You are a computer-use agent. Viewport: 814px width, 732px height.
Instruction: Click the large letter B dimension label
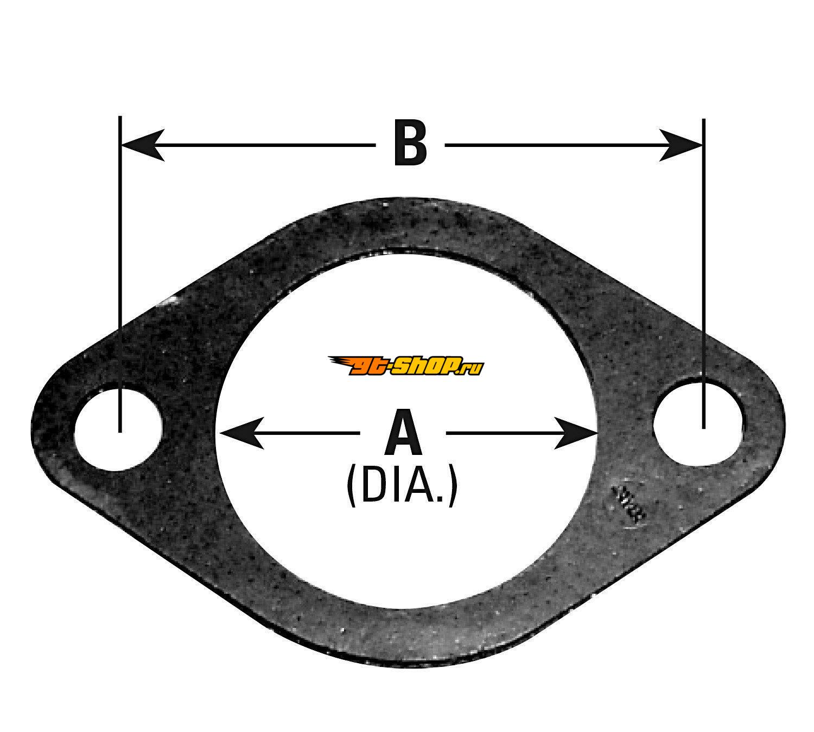[x=410, y=143]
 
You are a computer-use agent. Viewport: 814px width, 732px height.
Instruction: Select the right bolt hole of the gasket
[x=697, y=422]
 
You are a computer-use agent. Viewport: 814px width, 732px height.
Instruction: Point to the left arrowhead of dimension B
[x=142, y=145]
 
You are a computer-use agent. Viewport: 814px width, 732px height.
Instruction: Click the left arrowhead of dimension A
[x=241, y=433]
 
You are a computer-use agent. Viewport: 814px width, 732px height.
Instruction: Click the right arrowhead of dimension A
[x=575, y=433]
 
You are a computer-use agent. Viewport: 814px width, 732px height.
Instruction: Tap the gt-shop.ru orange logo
[x=406, y=365]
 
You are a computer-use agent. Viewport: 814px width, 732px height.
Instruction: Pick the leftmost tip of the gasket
[x=31, y=426]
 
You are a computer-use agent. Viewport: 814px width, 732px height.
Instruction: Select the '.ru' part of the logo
[x=474, y=368]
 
